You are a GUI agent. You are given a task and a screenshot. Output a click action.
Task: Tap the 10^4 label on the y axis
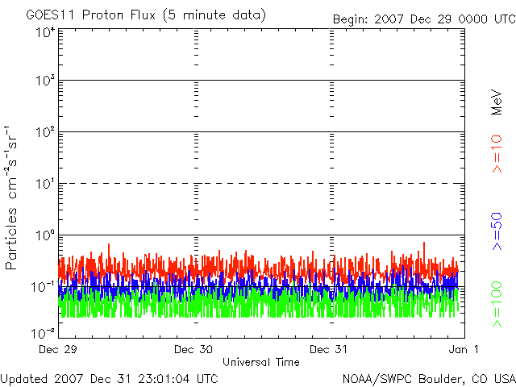coord(44,32)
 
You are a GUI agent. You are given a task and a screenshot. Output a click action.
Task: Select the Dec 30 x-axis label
coord(193,349)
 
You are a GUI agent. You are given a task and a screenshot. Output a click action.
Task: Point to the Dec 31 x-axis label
coord(330,349)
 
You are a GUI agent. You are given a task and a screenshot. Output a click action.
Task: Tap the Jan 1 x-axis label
coord(464,349)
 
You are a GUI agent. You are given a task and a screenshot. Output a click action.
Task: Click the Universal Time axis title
coord(260,362)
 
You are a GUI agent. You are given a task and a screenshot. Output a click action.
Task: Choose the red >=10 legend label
coord(497,153)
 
